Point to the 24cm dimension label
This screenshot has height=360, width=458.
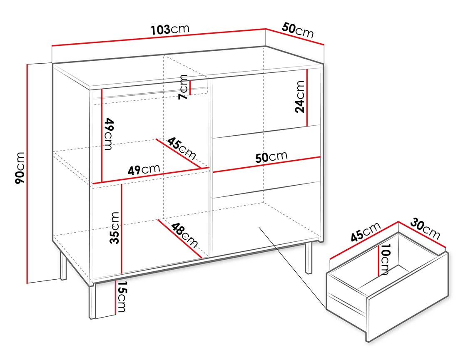coord(299,97)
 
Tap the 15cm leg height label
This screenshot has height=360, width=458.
coord(122,297)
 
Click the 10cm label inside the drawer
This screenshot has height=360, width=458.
coord(384,260)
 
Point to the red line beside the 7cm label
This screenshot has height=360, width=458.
coord(190,87)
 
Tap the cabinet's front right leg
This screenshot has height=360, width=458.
coord(309,258)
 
